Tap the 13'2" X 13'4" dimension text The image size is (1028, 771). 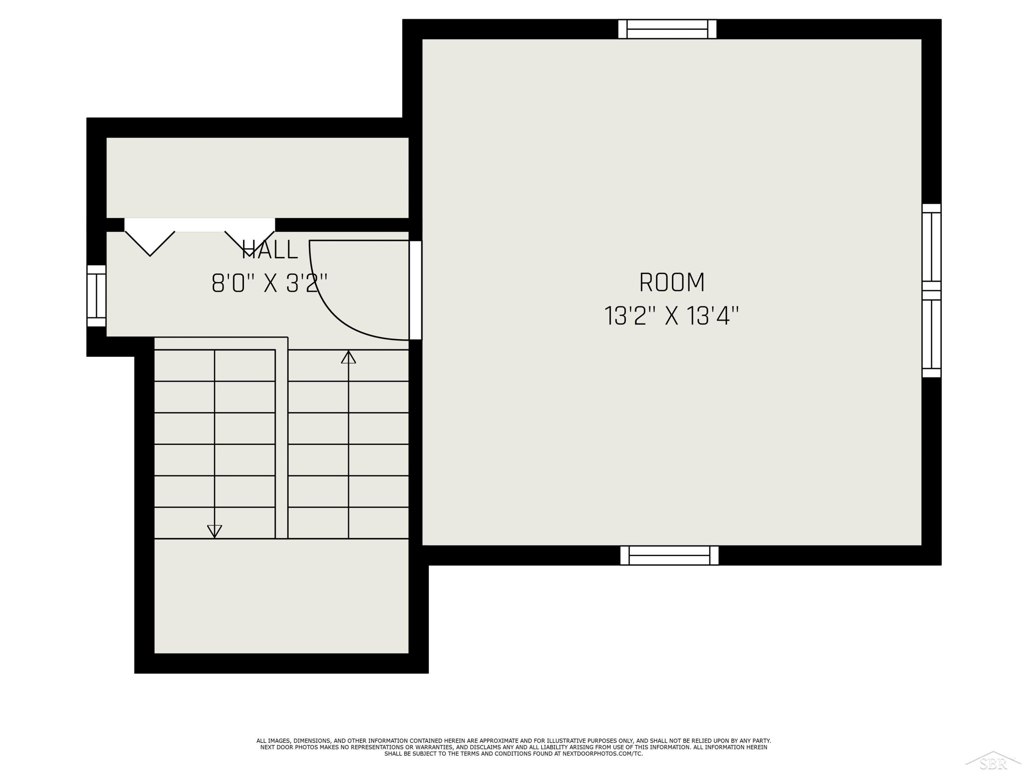pyautogui.click(x=671, y=316)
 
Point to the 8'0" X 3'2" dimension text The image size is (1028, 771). pyautogui.click(x=270, y=283)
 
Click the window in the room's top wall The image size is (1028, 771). pyautogui.click(x=668, y=29)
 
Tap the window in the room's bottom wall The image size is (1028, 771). pyautogui.click(x=669, y=555)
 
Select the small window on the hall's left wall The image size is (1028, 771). pyautogui.click(x=97, y=296)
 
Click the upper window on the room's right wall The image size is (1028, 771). pyautogui.click(x=931, y=247)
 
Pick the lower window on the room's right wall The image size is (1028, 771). pyautogui.click(x=931, y=334)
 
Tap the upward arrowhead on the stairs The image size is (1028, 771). pyautogui.click(x=348, y=357)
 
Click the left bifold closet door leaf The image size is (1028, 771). pyautogui.click(x=150, y=244)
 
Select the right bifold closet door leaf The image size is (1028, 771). pyautogui.click(x=249, y=244)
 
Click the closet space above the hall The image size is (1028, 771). pyautogui.click(x=257, y=178)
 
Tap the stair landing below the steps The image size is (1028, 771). pyautogui.click(x=281, y=596)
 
